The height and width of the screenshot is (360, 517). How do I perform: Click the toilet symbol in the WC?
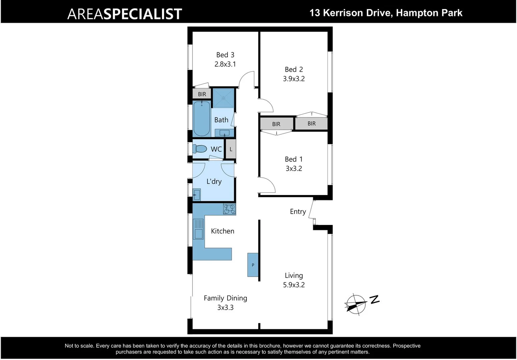pos(200,148)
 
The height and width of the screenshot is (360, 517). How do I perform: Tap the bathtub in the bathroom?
pos(201,119)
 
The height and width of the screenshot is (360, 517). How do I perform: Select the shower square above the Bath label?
pos(223,98)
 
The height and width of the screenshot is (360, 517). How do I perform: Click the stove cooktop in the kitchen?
pos(229,209)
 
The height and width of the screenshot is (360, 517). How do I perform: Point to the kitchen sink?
pos(198,229)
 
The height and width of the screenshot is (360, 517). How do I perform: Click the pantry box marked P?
pos(253,265)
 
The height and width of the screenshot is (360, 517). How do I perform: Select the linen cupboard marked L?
pos(231,149)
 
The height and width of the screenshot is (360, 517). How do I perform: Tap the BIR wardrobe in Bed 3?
pos(202,94)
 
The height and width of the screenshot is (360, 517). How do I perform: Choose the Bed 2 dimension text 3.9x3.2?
pos(294,79)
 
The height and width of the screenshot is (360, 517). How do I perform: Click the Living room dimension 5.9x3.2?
pos(294,285)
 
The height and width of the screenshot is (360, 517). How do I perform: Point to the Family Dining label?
pos(225,298)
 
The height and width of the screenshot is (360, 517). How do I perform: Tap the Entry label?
pos(298,212)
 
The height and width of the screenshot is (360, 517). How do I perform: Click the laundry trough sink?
pos(196,195)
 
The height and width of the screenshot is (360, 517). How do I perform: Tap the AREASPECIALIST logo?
pos(124,14)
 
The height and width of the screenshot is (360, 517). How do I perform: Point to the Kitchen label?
pos(222,231)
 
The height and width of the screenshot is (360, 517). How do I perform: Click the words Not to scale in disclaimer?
pos(79,346)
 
